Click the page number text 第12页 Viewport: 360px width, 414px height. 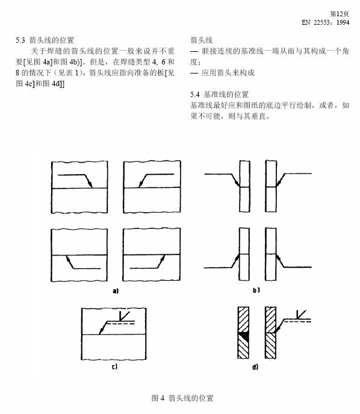[340, 14]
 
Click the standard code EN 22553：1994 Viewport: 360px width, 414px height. [326, 22]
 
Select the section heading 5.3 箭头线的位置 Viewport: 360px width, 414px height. [45, 40]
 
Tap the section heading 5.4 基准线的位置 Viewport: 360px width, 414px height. [219, 94]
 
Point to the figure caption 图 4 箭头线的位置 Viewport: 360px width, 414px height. [182, 398]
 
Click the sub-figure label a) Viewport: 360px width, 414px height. [116, 290]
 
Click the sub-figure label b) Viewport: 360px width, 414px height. [256, 290]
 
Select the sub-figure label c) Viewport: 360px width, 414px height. [114, 366]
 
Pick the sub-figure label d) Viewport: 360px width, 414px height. [255, 366]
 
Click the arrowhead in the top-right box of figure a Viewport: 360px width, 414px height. [141, 184]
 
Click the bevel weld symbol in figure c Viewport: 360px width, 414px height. [124, 316]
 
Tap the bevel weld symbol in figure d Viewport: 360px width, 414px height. [301, 315]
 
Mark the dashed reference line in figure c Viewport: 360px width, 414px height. [121, 324]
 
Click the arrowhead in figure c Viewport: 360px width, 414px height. [101, 331]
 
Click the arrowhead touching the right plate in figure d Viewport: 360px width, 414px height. [277, 329]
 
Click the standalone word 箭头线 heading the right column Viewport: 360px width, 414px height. [201, 40]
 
